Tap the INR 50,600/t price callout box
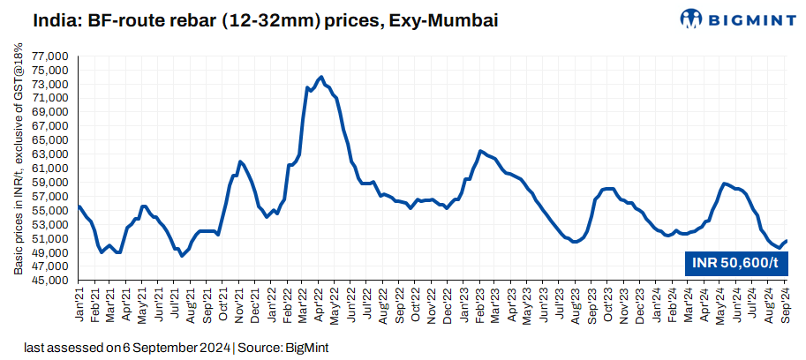point(735,262)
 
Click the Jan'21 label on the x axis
point(79,303)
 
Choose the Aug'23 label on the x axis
point(577,303)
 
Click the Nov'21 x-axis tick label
point(240,303)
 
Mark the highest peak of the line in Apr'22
point(320,77)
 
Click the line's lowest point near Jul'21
point(182,256)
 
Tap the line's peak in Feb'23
point(480,151)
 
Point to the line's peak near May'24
point(724,184)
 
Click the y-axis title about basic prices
point(18,168)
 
